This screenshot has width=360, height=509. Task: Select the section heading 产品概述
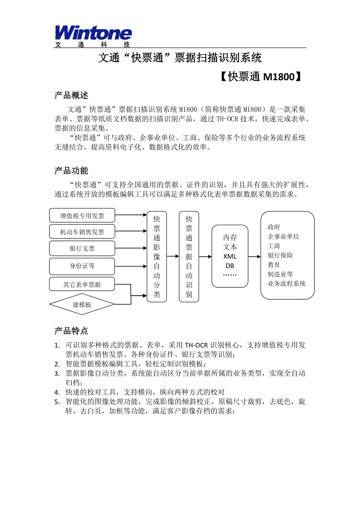[71, 95]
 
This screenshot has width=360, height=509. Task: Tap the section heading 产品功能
[71, 171]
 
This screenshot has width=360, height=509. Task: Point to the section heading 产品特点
[71, 331]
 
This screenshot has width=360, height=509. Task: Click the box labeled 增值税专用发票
[82, 215]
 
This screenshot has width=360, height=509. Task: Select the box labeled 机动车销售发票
[82, 232]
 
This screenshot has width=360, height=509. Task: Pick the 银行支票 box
[82, 249]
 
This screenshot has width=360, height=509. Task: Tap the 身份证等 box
[82, 266]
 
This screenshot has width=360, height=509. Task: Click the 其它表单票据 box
[82, 284]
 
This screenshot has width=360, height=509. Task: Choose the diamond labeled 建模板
[82, 304]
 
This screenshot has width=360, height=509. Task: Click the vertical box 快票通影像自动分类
[157, 257]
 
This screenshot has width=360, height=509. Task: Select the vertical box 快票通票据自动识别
[189, 257]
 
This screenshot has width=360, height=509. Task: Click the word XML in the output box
[230, 256]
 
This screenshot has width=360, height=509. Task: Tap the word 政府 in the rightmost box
[274, 227]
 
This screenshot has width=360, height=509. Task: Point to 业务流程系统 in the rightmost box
[286, 284]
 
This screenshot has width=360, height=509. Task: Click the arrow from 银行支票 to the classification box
[131, 249]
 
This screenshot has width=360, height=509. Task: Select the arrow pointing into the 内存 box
[205, 257]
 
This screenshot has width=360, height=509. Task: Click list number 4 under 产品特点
[57, 392]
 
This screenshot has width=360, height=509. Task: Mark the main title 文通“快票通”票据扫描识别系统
[180, 58]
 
